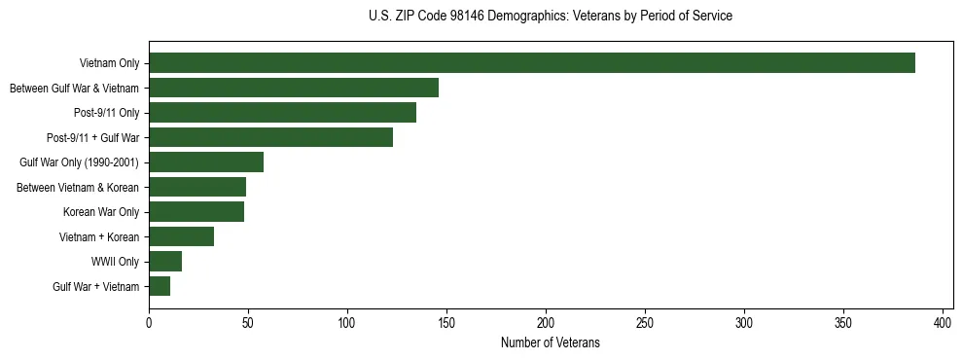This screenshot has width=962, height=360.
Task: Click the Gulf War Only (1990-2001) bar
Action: [206, 162]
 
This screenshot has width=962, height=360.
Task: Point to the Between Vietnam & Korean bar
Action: [197, 187]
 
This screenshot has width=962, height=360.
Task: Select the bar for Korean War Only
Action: [196, 212]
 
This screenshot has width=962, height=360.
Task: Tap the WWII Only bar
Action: [165, 262]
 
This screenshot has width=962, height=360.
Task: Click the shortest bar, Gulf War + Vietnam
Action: [160, 286]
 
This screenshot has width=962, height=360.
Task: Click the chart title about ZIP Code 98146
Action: [551, 16]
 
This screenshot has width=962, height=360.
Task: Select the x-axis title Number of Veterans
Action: [551, 343]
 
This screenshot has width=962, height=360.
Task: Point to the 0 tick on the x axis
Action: [149, 322]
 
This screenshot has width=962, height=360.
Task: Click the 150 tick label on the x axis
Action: [446, 322]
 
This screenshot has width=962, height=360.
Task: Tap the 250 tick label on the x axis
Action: [645, 322]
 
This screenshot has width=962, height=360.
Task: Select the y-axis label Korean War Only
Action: [101, 212]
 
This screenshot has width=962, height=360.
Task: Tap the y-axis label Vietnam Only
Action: [109, 63]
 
